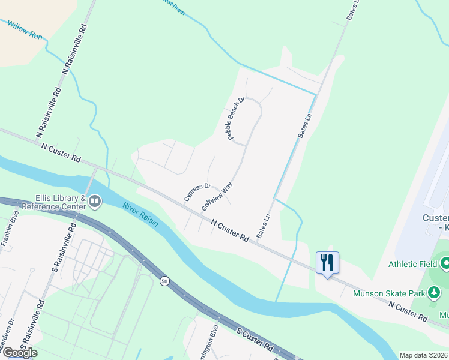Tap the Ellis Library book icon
tap(95, 202)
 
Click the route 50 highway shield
tap(164, 280)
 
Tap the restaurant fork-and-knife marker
tap(327, 263)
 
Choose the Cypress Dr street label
tap(198, 192)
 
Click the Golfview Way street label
tap(217, 196)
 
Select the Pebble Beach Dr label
tap(236, 119)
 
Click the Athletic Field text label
tap(414, 263)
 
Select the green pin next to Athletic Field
tap(445, 263)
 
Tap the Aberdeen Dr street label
tap(5, 343)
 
